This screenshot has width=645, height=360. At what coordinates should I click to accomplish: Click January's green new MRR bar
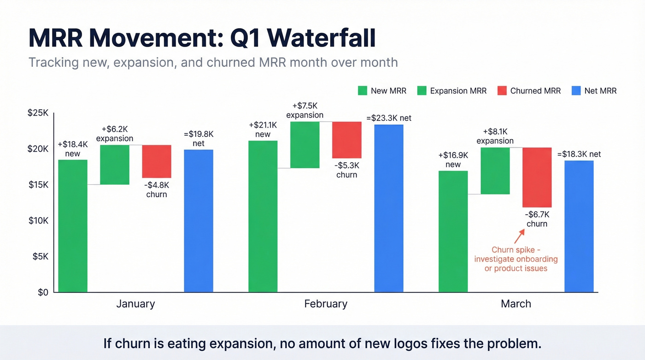click(x=72, y=226)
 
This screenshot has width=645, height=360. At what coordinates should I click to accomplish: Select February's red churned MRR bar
click(x=346, y=140)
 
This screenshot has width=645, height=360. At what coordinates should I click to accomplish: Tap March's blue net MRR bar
click(x=579, y=226)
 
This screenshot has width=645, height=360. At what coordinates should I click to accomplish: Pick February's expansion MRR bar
click(x=305, y=145)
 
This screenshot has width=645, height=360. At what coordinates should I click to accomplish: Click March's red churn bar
click(x=537, y=177)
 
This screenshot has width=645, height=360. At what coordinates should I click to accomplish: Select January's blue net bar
click(x=198, y=220)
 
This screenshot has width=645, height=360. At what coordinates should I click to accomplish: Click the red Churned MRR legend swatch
click(x=502, y=91)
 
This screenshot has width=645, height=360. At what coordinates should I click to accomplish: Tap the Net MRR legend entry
click(x=600, y=91)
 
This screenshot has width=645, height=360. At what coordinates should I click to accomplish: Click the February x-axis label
click(x=325, y=304)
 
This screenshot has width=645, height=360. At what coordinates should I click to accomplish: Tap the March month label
click(x=516, y=304)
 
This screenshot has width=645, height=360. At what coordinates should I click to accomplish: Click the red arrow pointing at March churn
click(x=519, y=237)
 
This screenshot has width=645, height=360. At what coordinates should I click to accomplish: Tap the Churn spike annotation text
click(x=516, y=259)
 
